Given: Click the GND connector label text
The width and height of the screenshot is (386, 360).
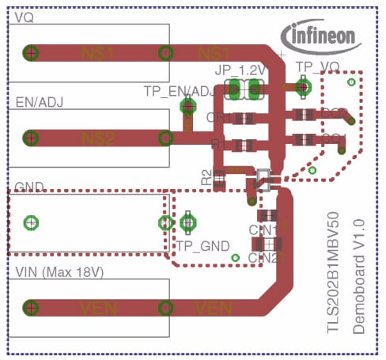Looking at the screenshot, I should [x=30, y=188].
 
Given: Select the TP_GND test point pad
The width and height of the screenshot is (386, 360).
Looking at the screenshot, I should [x=187, y=222].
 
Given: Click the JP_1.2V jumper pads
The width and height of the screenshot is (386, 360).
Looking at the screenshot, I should [x=245, y=89].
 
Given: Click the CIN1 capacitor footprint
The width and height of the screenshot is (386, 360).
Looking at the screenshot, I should [x=268, y=215].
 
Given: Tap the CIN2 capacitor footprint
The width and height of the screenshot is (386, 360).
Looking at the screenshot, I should [x=270, y=244].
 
